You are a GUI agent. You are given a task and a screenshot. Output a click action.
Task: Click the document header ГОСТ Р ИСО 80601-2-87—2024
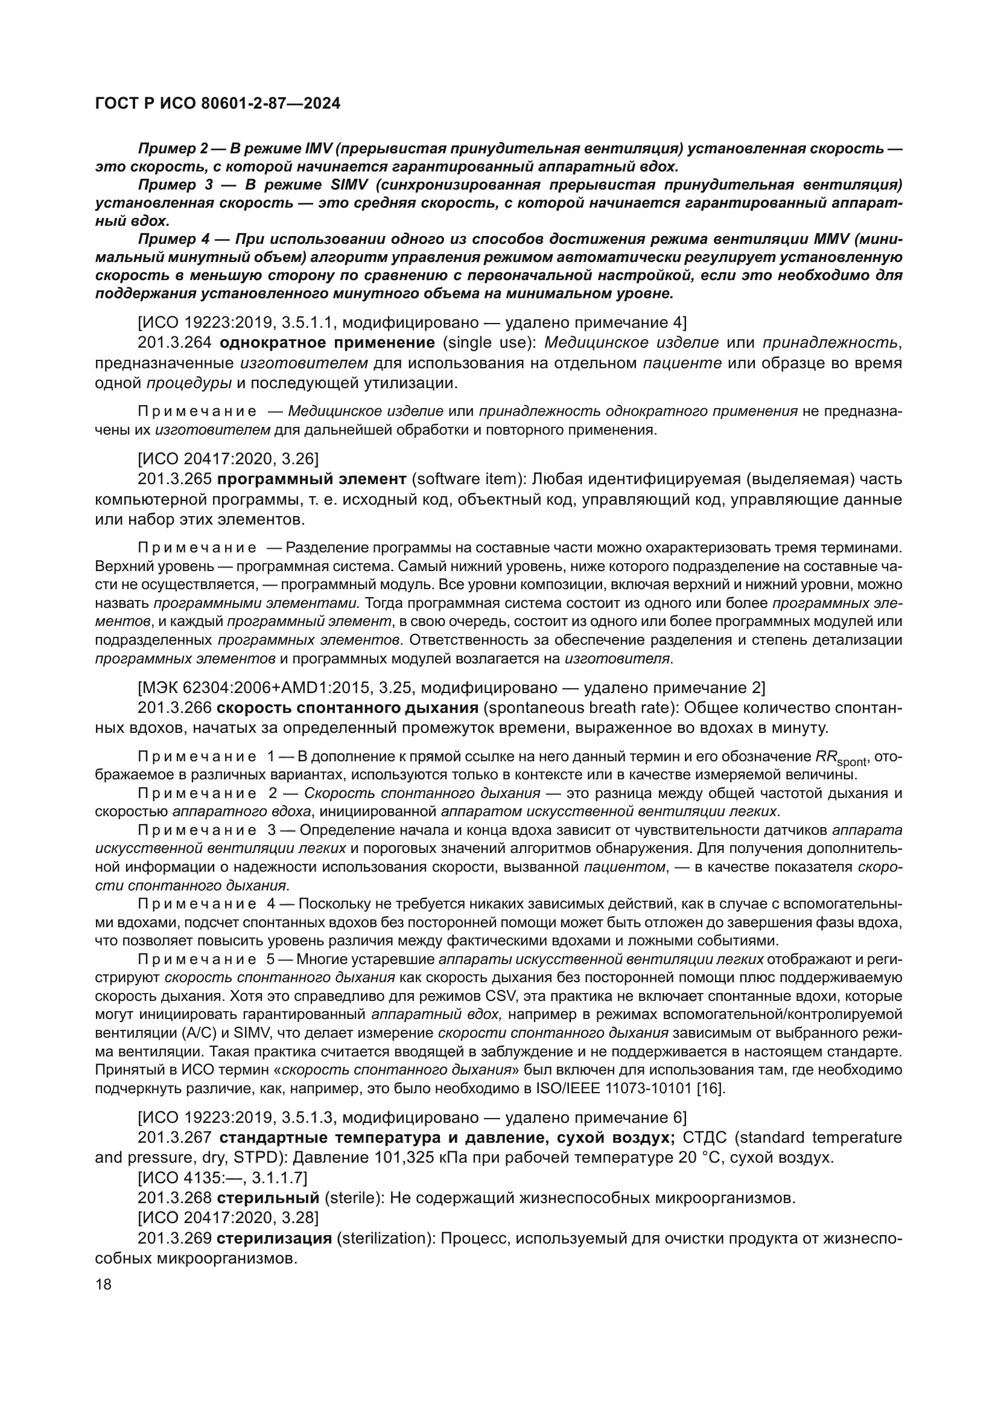[x=218, y=104]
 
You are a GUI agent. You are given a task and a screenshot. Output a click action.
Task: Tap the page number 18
[x=104, y=1285]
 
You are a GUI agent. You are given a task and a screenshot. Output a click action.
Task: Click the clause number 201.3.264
[x=174, y=342]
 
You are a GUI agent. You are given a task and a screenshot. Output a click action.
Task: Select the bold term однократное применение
[x=327, y=342]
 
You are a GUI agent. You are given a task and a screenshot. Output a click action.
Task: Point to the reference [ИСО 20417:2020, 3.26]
[x=228, y=458]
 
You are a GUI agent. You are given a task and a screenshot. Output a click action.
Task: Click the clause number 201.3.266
[x=174, y=708]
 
